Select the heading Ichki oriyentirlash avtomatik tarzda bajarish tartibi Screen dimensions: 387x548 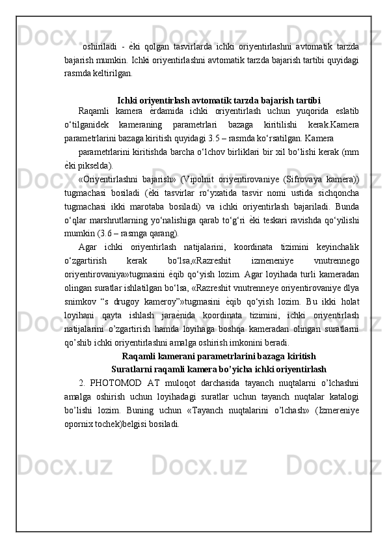219,100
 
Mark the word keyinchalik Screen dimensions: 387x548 336,246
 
